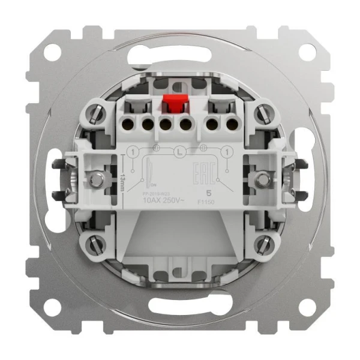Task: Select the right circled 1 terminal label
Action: coord(227,154)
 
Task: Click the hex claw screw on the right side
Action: coord(262,178)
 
